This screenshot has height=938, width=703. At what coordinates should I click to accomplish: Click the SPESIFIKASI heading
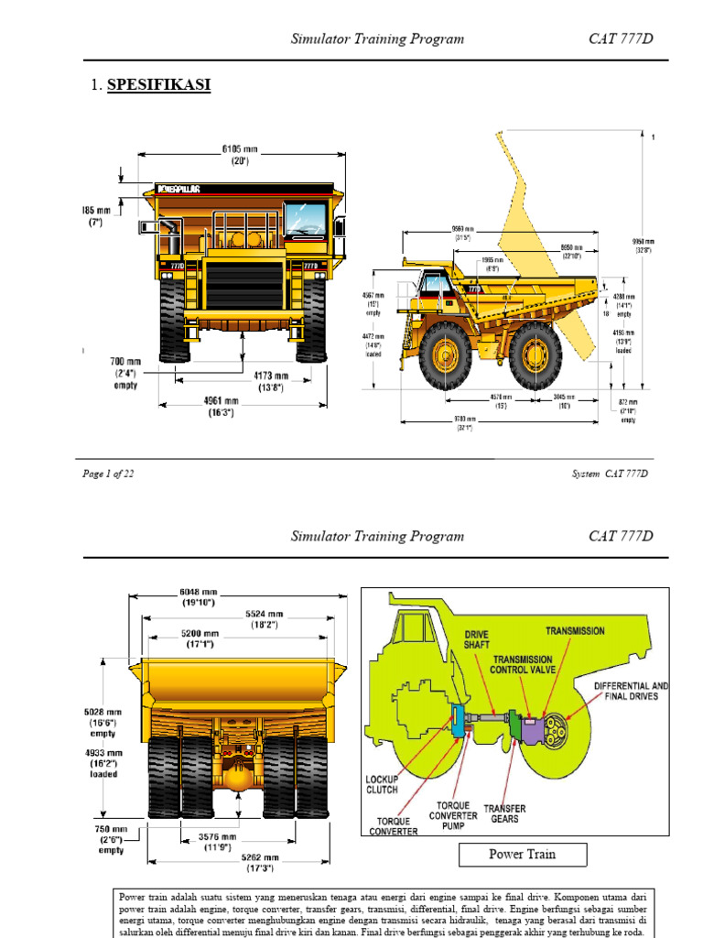[159, 85]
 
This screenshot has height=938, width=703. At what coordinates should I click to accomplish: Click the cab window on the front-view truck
[305, 220]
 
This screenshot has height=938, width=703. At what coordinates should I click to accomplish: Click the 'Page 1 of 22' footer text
[108, 474]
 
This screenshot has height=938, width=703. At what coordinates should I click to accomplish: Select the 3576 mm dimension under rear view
[218, 842]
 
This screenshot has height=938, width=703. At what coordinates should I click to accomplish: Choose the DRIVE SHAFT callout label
[477, 639]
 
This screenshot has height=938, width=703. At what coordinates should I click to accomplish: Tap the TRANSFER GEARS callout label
[504, 813]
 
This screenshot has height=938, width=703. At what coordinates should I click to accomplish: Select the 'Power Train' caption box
[522, 855]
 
